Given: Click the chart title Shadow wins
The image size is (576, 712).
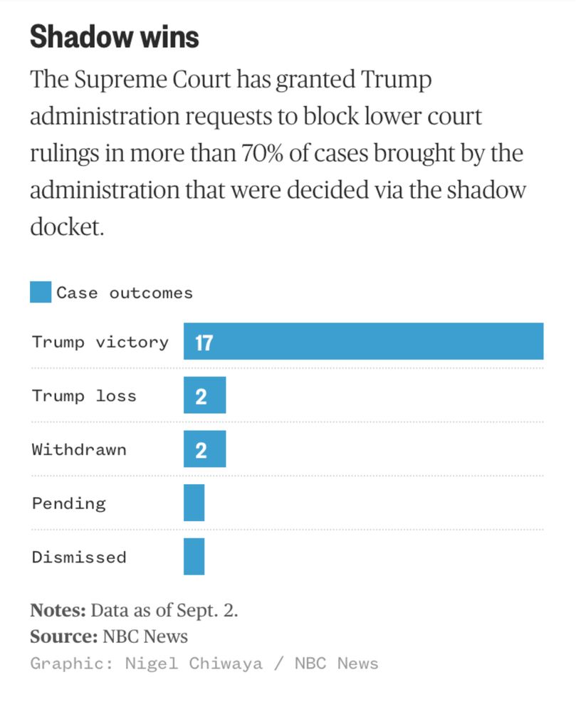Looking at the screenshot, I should click(114, 37).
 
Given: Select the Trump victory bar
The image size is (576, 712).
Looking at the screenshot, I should click(363, 341).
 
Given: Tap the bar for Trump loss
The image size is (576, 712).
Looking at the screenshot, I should click(204, 395).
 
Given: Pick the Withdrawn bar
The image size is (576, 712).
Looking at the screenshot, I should click(204, 449).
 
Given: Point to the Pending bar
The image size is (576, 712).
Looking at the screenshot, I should click(194, 503).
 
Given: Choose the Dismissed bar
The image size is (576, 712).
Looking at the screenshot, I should click(194, 557).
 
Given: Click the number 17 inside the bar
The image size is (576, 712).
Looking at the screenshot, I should click(204, 342).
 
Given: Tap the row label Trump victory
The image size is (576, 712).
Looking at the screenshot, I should click(100, 342).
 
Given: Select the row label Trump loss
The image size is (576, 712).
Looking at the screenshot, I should click(83, 396).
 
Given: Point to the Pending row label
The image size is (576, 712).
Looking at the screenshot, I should click(68, 503).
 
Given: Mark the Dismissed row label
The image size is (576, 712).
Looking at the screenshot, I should click(78, 557).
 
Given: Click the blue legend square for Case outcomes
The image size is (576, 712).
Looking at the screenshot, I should click(41, 292).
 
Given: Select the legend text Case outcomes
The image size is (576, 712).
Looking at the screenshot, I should click(125, 293).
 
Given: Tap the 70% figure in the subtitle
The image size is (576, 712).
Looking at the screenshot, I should click(266, 153).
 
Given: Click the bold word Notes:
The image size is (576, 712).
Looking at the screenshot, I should click(58, 610).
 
